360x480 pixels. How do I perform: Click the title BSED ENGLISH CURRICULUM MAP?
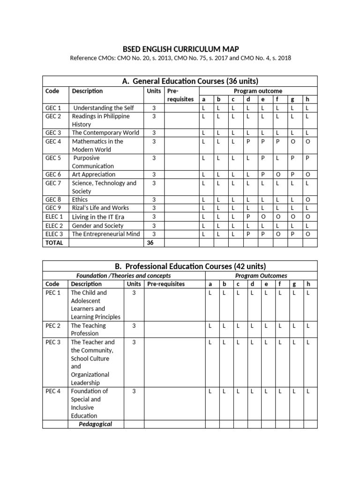click(180, 49)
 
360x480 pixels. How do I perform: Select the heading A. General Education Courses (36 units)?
click(180, 81)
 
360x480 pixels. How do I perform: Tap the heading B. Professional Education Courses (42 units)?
click(180, 266)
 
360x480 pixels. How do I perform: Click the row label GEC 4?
click(53, 141)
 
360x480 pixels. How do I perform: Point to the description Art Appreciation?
click(93, 174)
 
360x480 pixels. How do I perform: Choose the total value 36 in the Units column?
click(150, 243)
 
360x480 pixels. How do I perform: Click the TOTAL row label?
click(53, 243)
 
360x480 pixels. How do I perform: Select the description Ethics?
click(80, 199)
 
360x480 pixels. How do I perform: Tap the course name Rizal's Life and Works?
click(100, 208)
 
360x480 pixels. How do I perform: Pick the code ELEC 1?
click(54, 217)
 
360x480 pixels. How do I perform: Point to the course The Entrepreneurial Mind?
click(105, 234)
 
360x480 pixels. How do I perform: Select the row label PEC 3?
click(53, 342)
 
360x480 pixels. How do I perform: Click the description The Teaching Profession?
click(88, 330)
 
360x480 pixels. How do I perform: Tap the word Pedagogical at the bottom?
click(95, 424)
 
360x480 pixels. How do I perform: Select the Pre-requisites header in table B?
click(166, 284)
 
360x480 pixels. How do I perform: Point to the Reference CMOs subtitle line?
click(180, 58)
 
